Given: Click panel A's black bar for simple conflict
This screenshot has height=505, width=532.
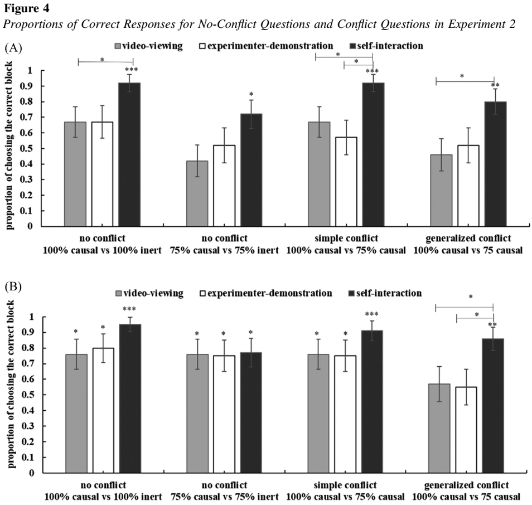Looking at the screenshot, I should pyautogui.click(x=371, y=154).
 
